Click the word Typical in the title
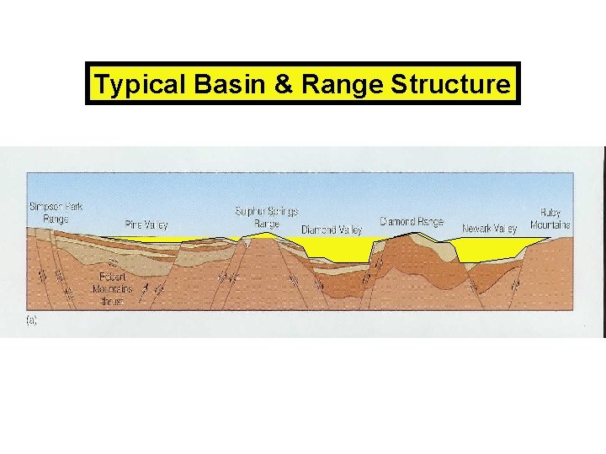click(130, 84)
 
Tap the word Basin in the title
click(207, 84)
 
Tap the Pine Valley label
click(146, 224)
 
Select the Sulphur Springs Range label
click(266, 218)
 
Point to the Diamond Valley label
click(332, 229)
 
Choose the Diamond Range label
click(411, 222)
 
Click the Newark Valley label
click(489, 228)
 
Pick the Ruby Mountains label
click(550, 219)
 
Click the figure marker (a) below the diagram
click(32, 320)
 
